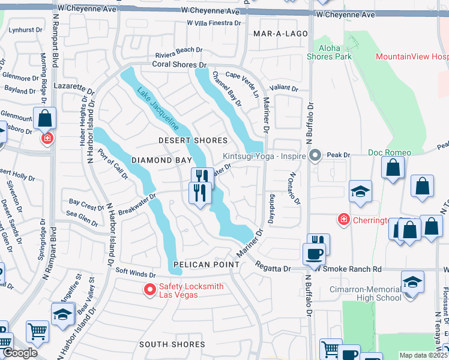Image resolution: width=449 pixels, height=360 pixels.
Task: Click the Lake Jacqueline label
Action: [x=157, y=109]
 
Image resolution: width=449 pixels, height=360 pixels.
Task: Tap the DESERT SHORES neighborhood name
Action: [x=193, y=140]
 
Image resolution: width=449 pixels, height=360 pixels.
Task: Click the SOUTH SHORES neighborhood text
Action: [x=172, y=344]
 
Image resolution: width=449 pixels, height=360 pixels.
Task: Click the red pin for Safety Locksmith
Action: [x=149, y=290]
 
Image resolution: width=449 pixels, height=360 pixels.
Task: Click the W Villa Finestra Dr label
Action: [x=214, y=23]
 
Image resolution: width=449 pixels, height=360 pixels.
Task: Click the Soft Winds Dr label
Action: [x=136, y=274]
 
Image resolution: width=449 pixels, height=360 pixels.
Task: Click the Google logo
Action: [x=20, y=353]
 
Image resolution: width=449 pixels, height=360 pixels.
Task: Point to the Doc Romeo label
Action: [x=390, y=152]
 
